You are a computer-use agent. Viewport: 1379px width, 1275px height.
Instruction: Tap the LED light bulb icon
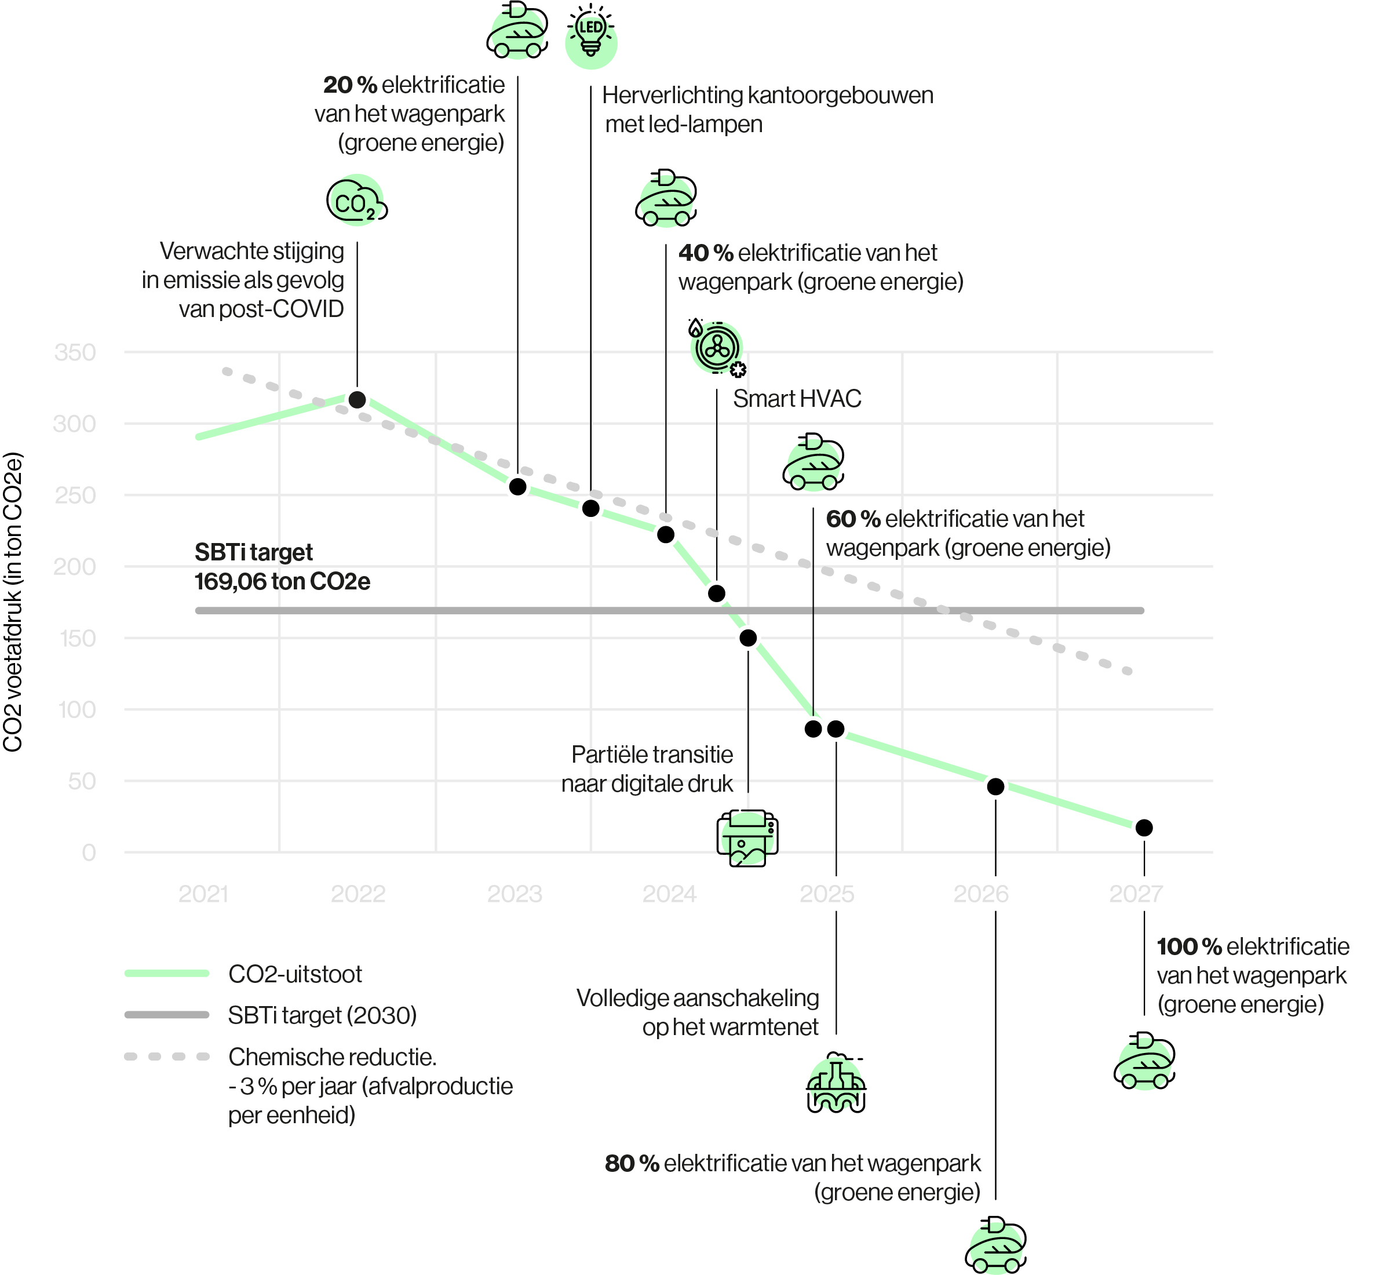point(590,37)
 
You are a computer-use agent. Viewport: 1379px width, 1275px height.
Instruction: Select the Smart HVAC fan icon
point(717,348)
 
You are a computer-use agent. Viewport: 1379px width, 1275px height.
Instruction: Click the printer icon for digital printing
point(747,837)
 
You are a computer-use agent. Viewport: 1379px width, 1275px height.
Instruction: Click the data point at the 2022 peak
point(357,399)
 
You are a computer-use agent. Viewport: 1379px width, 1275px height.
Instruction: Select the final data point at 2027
point(1144,828)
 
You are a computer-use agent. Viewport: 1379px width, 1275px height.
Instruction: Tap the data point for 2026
point(995,786)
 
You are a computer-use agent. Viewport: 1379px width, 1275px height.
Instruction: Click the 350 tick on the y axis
point(75,352)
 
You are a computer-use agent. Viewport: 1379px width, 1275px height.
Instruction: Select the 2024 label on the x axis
point(669,894)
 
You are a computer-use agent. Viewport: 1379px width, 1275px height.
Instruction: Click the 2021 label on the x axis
point(203,894)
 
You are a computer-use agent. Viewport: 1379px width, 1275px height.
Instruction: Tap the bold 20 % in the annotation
point(350,85)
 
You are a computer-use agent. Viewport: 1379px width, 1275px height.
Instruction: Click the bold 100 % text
point(1188,946)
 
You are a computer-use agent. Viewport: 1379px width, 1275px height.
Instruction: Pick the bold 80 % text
point(631,1163)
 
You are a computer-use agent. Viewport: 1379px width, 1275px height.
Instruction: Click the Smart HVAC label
point(797,399)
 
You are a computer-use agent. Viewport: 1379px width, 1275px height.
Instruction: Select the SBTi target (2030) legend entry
point(322,1015)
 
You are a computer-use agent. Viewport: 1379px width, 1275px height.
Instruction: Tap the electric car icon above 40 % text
point(666,199)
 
